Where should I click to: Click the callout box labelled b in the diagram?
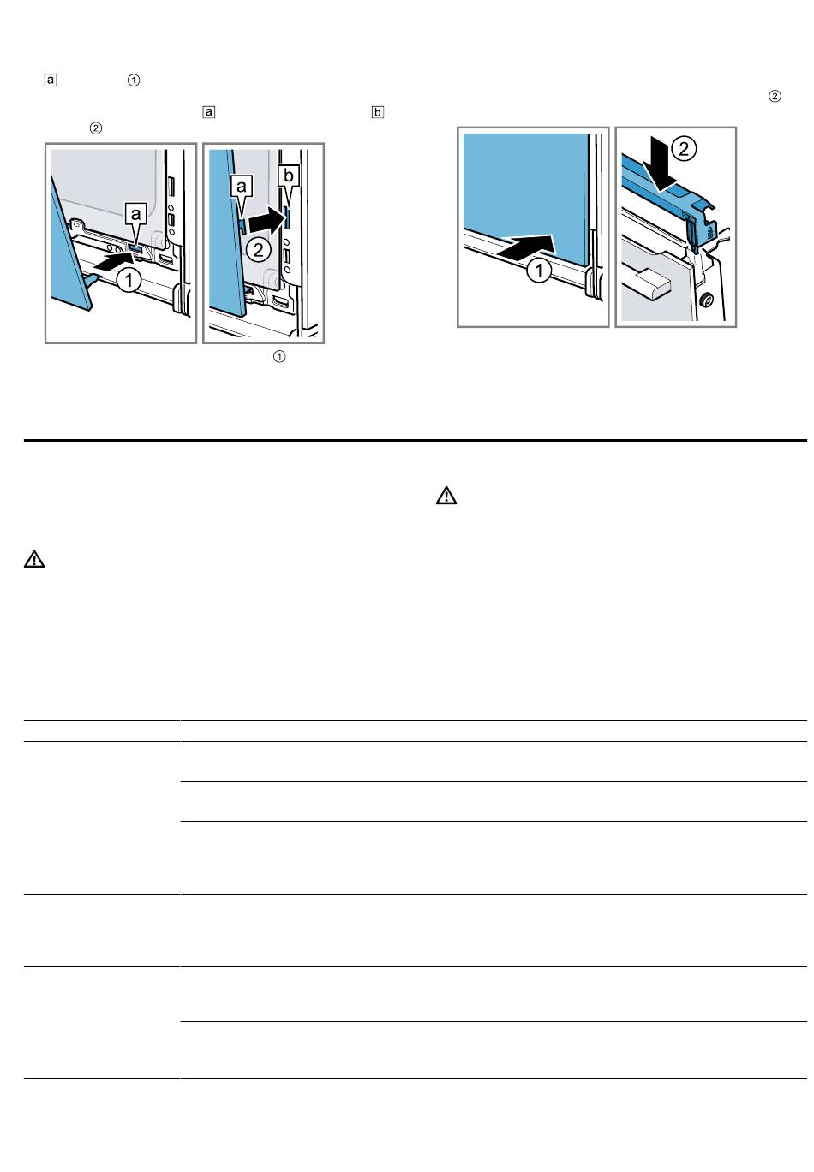(288, 176)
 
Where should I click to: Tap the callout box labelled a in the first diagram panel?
(135, 213)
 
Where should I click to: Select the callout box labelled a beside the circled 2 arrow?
(241, 186)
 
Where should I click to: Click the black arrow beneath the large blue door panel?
(525, 246)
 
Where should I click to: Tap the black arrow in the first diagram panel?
(113, 262)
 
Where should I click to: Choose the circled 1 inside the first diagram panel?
(129, 281)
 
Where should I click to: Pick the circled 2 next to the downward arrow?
(684, 149)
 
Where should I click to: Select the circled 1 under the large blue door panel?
(538, 271)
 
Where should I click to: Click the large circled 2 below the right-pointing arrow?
(258, 250)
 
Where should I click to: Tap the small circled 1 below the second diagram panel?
(279, 356)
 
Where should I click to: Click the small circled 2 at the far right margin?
(775, 96)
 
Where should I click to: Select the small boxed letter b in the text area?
(377, 112)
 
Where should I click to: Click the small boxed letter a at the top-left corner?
(51, 80)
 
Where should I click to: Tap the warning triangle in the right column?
(446, 496)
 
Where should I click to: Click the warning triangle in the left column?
(34, 559)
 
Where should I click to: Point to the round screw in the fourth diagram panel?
(706, 300)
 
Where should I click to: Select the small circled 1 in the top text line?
(134, 80)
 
